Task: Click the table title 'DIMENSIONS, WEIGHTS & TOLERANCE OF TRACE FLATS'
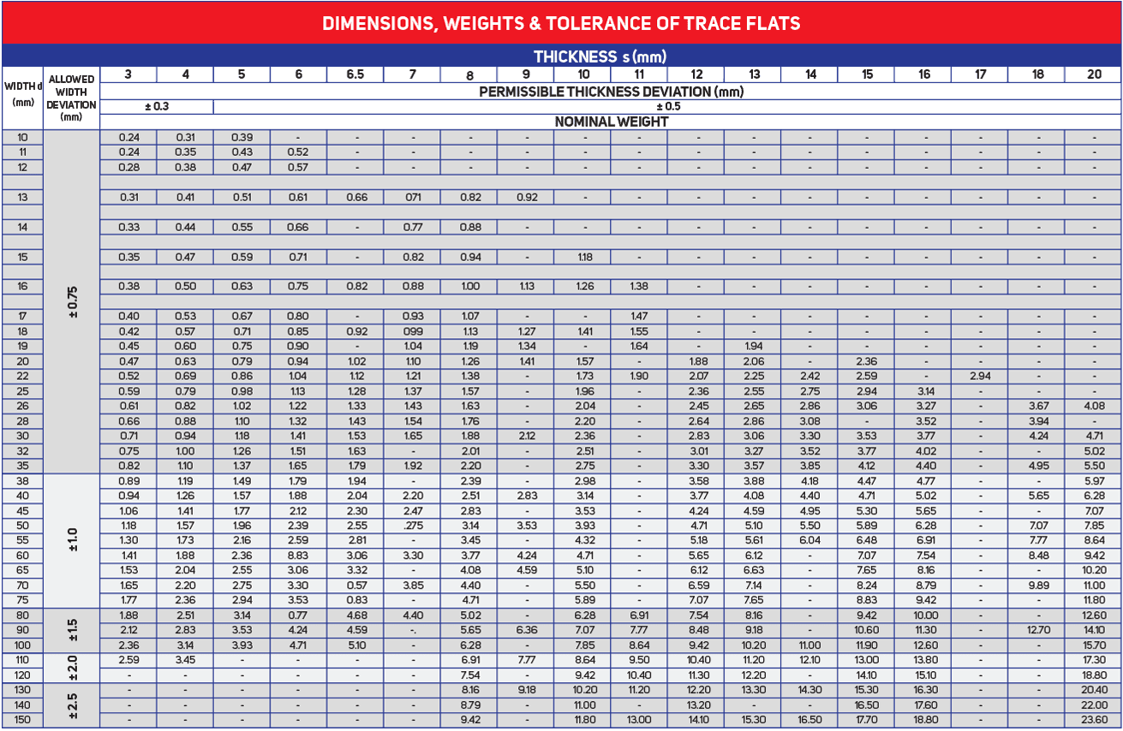pos(561,23)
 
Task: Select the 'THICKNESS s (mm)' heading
pos(600,56)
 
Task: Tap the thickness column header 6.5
pos(355,74)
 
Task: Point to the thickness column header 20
pos(1094,74)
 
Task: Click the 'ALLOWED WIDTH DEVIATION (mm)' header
pos(72,98)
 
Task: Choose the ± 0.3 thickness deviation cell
pos(157,107)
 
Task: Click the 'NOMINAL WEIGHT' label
pos(611,122)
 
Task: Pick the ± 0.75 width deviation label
pos(72,302)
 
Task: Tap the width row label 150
pos(22,720)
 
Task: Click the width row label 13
pos(22,197)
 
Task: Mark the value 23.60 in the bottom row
pos(1094,720)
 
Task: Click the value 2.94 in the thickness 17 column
pos(981,376)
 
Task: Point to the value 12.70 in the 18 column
pos(1037,630)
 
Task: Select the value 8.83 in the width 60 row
pos(298,555)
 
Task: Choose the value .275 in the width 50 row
pos(412,525)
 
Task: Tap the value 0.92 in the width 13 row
pos(527,197)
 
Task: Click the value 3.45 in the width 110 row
pos(185,660)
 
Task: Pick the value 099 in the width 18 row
pos(412,331)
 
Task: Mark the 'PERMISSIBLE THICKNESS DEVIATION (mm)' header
pos(611,91)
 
